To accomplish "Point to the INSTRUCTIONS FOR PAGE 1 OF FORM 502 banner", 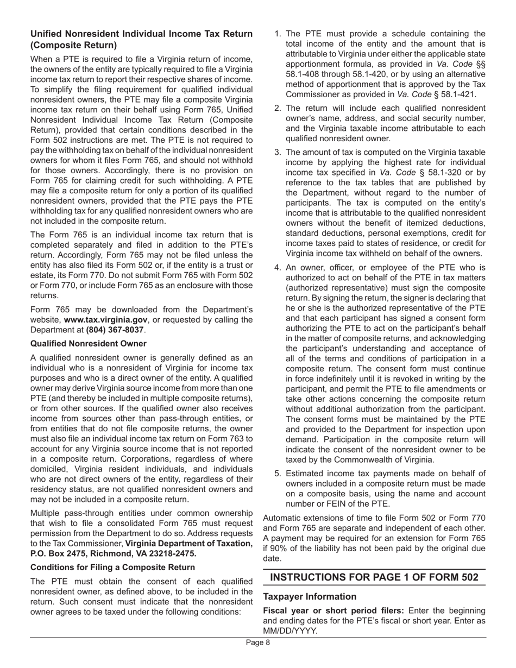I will (x=374, y=577).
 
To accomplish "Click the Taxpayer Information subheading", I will (x=310, y=596).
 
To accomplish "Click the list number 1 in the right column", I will (x=277, y=34).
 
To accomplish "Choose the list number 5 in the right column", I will (x=277, y=473).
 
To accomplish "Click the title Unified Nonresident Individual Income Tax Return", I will (x=141, y=34).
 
